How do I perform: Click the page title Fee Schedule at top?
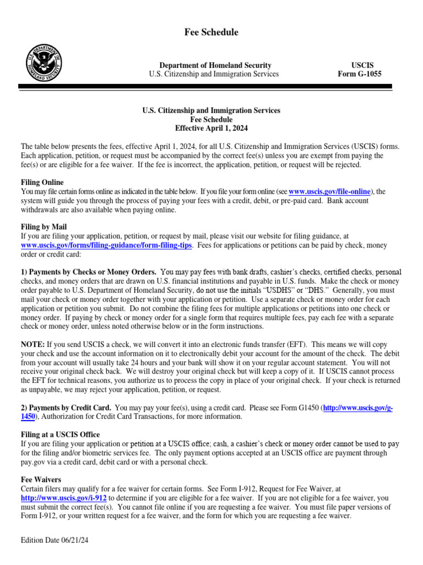[x=211, y=33]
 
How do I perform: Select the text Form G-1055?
[x=359, y=74]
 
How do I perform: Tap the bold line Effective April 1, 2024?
[x=211, y=129]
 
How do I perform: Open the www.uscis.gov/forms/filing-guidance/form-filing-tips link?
[x=107, y=245]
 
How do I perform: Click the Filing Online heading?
[x=42, y=182]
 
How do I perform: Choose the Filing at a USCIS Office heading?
[x=60, y=435]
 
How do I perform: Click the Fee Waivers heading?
[x=41, y=480]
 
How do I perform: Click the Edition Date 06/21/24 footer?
[x=55, y=541]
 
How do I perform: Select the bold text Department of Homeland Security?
[x=215, y=65]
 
